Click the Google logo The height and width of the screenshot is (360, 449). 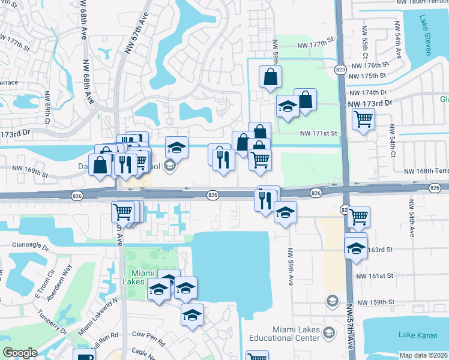point(20,353)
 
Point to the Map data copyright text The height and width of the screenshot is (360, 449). point(423,355)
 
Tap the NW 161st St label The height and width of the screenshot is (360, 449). point(375,276)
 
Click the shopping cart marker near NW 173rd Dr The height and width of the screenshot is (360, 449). point(363,120)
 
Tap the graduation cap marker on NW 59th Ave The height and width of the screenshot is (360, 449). point(285,212)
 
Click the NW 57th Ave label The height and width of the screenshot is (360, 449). point(350,327)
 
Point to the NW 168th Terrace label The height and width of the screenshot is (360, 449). point(426,172)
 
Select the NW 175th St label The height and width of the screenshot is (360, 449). point(367,76)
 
